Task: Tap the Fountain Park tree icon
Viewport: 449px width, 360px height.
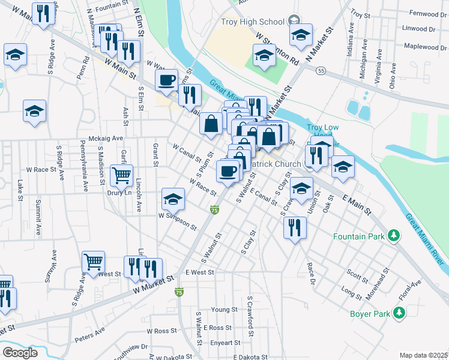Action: pyautogui.click(x=393, y=235)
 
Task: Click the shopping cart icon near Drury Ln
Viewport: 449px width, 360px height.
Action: pyautogui.click(x=121, y=175)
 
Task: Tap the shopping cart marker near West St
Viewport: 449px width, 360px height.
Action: pyautogui.click(x=93, y=262)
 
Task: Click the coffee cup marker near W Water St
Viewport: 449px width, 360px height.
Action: pyautogui.click(x=166, y=79)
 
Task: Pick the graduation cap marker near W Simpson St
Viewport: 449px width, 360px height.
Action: pyautogui.click(x=173, y=199)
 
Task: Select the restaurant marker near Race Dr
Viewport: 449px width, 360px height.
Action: pyautogui.click(x=294, y=227)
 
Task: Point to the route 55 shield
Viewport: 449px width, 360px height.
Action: pyautogui.click(x=322, y=71)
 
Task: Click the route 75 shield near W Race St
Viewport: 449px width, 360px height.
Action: pyautogui.click(x=214, y=209)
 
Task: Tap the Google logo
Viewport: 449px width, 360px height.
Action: pyautogui.click(x=20, y=353)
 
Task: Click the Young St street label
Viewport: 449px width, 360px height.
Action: pyautogui.click(x=224, y=310)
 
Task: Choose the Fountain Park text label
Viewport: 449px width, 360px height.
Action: pyautogui.click(x=359, y=236)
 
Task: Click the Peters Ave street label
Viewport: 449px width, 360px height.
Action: pyautogui.click(x=90, y=334)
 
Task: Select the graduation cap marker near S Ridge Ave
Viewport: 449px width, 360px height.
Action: pyautogui.click(x=34, y=111)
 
